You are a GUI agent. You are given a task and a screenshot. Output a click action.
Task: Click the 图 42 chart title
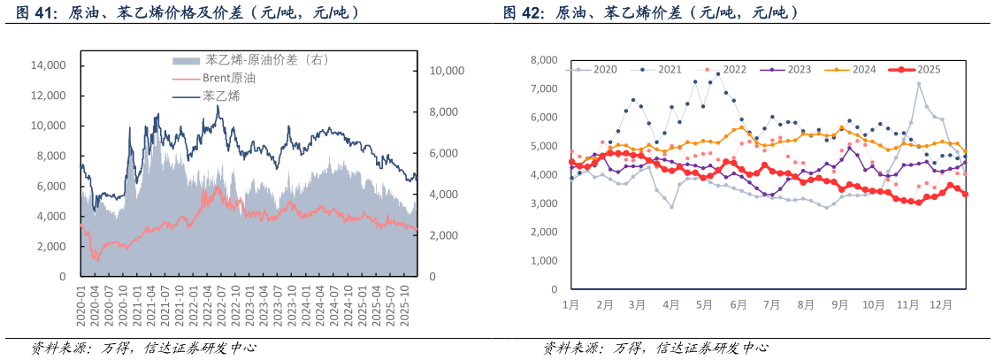pyautogui.click(x=650, y=13)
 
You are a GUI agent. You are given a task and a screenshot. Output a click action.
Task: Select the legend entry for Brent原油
pyautogui.click(x=233, y=79)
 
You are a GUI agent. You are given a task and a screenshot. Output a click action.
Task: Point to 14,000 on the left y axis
pyautogui.click(x=49, y=65)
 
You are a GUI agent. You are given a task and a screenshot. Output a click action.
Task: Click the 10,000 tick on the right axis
pyautogui.click(x=447, y=71)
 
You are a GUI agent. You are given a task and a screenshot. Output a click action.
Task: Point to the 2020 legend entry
pyautogui.click(x=605, y=69)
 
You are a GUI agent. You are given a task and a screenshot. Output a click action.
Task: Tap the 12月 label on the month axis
pyautogui.click(x=941, y=304)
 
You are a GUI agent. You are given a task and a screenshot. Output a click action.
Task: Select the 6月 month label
pyautogui.click(x=738, y=304)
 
